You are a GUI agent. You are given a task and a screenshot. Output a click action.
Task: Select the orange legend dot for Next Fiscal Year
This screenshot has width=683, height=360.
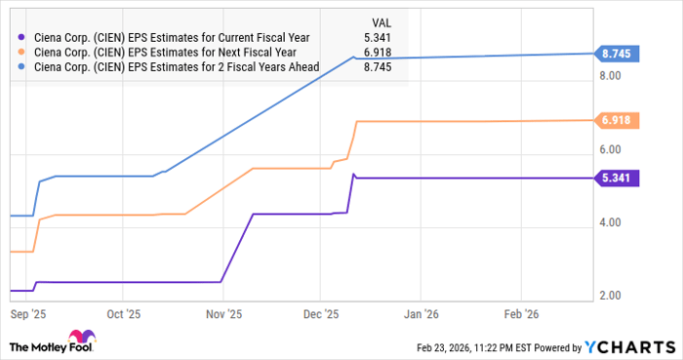pos(22,53)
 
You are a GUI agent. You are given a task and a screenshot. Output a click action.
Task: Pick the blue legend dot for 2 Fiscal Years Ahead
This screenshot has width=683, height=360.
pos(22,67)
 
